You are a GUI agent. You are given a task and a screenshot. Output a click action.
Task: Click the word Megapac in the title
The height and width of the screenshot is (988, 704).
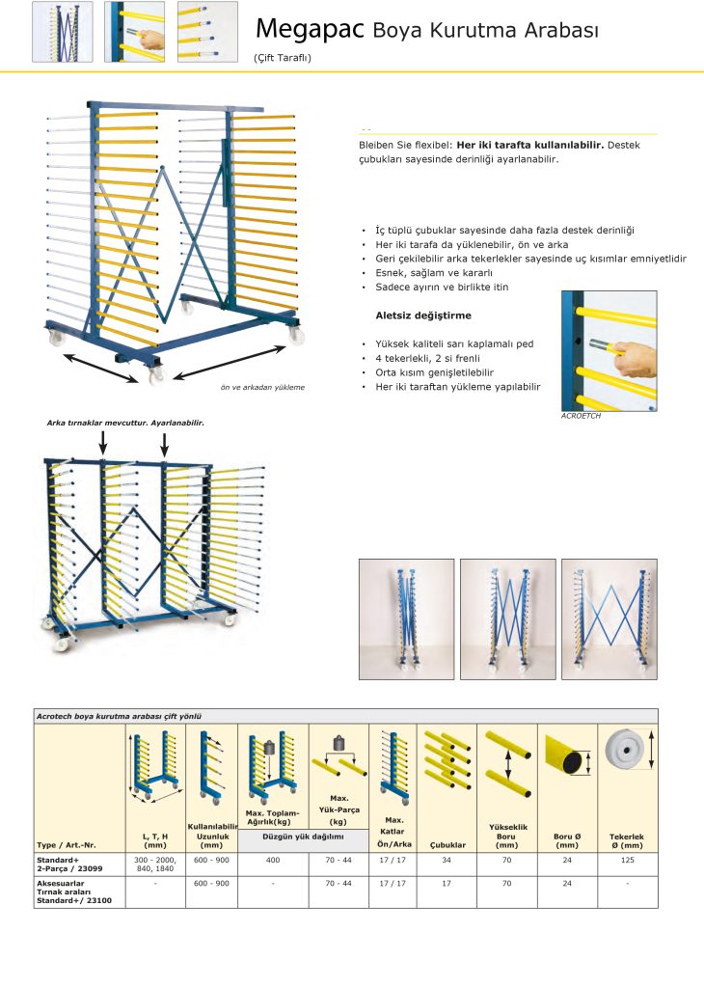[x=310, y=30]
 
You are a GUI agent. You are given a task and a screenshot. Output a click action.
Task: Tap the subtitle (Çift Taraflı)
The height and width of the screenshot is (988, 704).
[x=283, y=58]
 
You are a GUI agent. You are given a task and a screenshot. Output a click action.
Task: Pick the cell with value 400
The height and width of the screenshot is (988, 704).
[x=273, y=859]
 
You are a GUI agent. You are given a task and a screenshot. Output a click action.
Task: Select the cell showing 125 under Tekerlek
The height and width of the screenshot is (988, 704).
[x=627, y=859]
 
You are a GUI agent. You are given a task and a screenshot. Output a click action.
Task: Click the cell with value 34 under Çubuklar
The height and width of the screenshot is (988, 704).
[x=447, y=859]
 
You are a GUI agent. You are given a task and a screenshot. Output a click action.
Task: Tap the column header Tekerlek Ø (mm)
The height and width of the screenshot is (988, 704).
[x=627, y=840]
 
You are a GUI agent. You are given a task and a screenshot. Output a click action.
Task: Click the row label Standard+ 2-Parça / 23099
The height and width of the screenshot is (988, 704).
[x=71, y=864]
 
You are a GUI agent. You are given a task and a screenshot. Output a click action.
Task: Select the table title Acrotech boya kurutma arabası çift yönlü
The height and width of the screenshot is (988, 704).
[x=123, y=717]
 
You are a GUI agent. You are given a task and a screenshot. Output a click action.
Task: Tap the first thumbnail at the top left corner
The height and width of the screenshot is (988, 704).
[x=63, y=32]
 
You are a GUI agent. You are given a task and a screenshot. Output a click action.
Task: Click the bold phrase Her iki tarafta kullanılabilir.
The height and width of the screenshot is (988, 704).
[x=529, y=146]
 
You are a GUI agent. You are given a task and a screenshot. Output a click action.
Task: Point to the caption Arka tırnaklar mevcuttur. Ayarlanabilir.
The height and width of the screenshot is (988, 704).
[x=125, y=423]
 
